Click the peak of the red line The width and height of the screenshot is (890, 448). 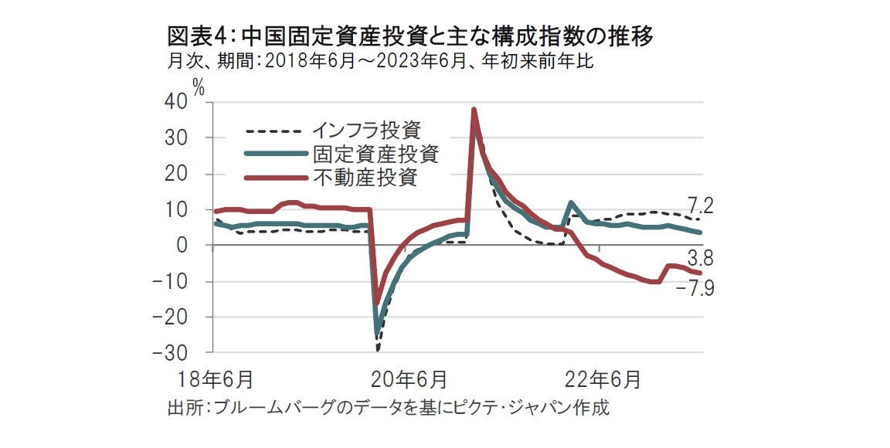tap(474, 109)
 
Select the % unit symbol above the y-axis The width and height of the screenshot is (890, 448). tap(199, 87)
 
